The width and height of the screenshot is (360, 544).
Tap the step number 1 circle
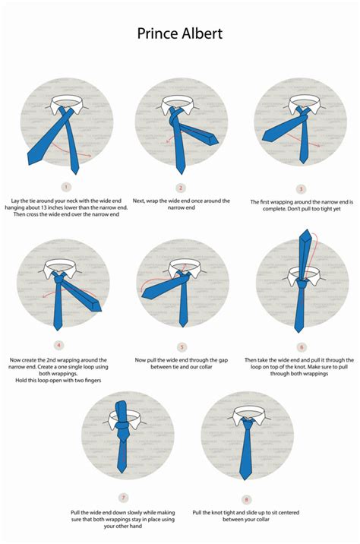pos(66,186)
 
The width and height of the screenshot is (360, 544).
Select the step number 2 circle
pos(181,187)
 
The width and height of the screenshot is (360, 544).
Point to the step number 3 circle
pos(301,188)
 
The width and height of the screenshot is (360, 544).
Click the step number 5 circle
pos(182,346)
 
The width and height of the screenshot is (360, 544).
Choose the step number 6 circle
pos(301,346)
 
